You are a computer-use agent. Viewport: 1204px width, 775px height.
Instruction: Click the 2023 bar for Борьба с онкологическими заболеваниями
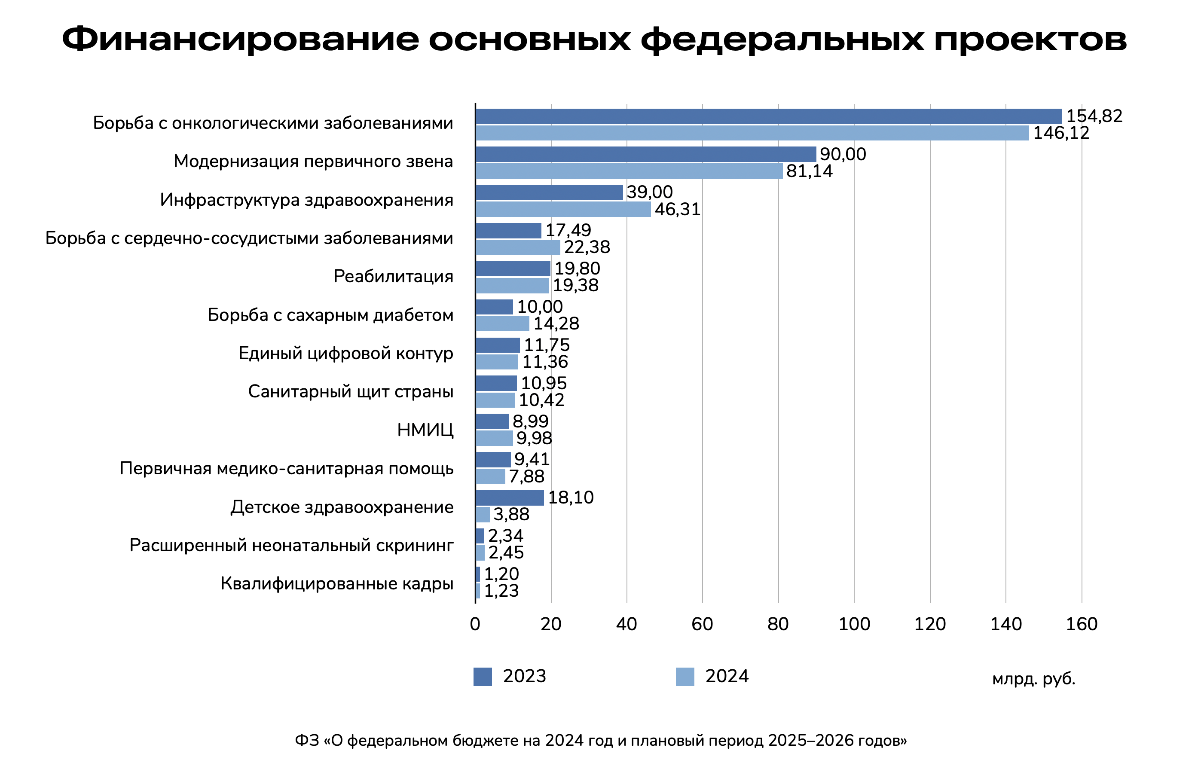[768, 116]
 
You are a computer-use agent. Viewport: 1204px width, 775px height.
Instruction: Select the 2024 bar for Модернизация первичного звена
[629, 171]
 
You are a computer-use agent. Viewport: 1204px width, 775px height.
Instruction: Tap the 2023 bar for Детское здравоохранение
[509, 498]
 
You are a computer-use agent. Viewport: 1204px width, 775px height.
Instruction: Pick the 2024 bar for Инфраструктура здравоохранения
[563, 209]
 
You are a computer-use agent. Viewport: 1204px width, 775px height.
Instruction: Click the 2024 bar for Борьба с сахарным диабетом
[502, 323]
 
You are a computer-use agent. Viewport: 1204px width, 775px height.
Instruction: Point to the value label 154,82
[1094, 116]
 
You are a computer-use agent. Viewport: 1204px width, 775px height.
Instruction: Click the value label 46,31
[677, 209]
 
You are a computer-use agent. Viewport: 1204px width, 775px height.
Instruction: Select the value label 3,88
[511, 514]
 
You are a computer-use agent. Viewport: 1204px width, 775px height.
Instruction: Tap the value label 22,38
[587, 247]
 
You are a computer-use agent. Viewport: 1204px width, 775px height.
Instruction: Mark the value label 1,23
[501, 591]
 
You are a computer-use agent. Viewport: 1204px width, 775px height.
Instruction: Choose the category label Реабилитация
[393, 276]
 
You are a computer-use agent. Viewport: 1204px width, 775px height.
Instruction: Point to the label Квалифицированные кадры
[337, 584]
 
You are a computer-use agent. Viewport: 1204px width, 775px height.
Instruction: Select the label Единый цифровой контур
[346, 353]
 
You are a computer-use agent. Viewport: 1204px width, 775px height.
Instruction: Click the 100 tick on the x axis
[854, 625]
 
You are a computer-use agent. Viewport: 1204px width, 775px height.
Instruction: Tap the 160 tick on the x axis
[1081, 625]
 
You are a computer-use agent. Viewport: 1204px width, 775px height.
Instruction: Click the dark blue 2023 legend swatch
[483, 677]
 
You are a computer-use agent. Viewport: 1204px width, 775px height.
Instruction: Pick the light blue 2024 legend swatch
[685, 677]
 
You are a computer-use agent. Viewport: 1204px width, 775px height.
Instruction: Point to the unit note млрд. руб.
[1033, 679]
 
